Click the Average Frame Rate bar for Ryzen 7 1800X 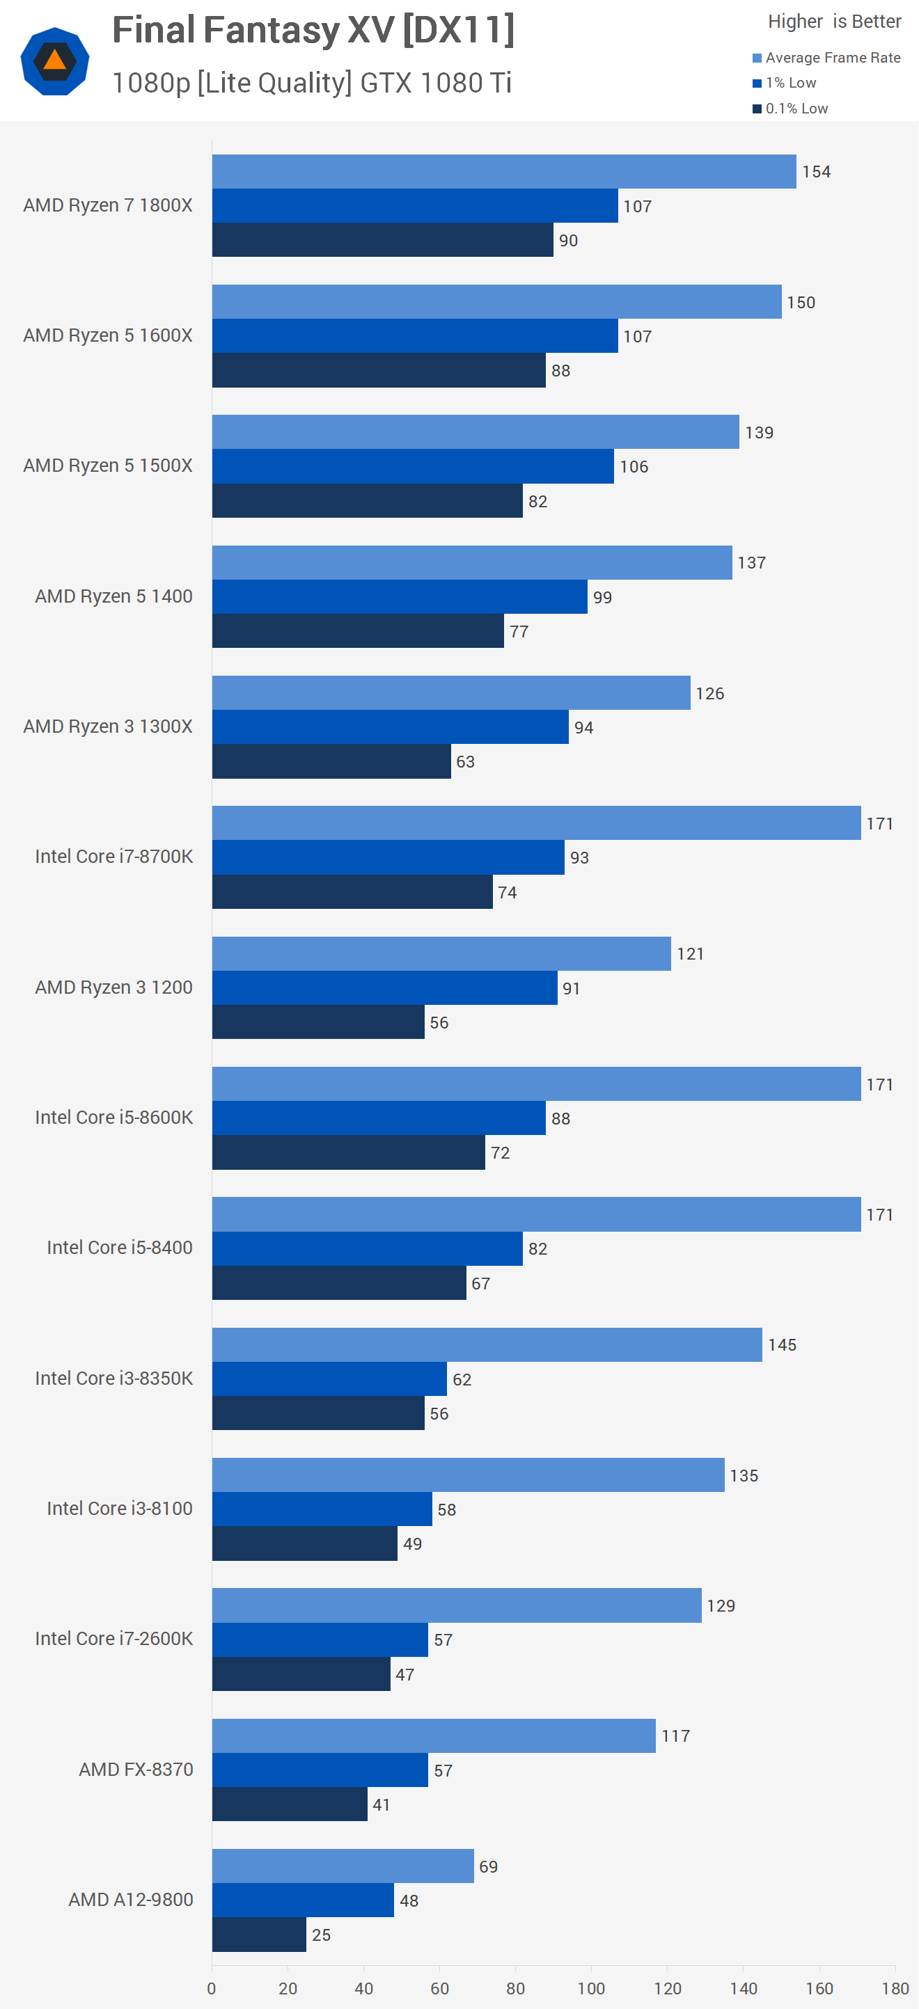point(504,172)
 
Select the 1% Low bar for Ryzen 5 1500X point(413,466)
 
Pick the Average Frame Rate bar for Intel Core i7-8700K point(536,823)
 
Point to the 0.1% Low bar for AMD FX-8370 point(290,1804)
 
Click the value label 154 point(816,172)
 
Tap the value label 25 point(321,1935)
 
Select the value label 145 point(782,1344)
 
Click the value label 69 point(488,1866)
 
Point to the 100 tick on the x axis point(591,1988)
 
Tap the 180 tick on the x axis point(895,1988)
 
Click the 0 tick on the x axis point(212,1988)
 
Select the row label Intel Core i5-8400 point(119,1248)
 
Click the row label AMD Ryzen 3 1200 point(114,987)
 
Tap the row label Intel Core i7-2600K point(114,1639)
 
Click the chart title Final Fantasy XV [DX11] point(313,31)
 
